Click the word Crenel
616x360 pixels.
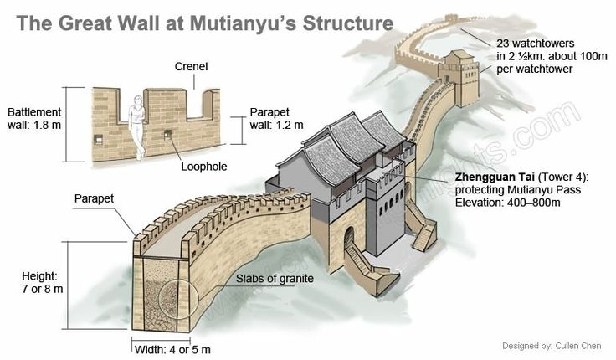[x=191, y=66]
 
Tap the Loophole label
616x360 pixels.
[x=204, y=167]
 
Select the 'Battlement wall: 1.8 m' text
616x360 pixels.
[x=34, y=118]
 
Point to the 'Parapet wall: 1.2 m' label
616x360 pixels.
[x=276, y=118]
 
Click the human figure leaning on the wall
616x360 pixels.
[x=137, y=127]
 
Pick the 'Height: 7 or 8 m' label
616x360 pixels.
[x=42, y=282]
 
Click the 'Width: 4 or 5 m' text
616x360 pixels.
[x=172, y=349]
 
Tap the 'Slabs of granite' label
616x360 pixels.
[x=275, y=279]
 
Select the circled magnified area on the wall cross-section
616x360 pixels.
[x=178, y=299]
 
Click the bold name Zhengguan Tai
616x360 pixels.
[x=495, y=177]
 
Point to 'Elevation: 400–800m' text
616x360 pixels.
[x=507, y=203]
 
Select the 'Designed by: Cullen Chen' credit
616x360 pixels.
[x=552, y=346]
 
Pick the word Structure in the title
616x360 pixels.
[x=347, y=23]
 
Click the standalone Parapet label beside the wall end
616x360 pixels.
[x=94, y=198]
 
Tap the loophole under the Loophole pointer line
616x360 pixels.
[x=167, y=135]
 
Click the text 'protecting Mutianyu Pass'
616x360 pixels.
[x=518, y=190]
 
